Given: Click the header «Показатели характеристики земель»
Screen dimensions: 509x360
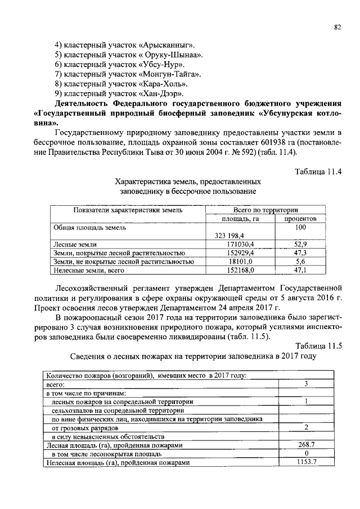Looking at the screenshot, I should point(128,210).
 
